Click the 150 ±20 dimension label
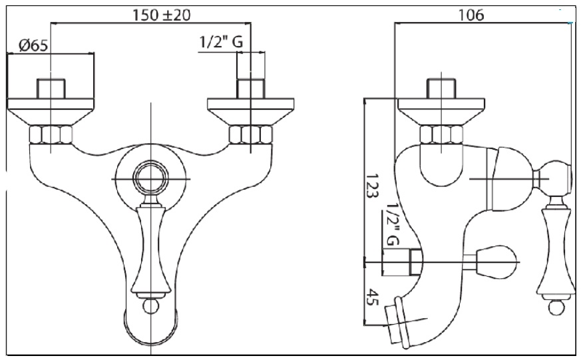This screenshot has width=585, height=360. pos(161,15)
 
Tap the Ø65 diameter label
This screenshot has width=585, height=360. pos(33,45)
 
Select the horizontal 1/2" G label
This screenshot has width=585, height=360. pos(221,42)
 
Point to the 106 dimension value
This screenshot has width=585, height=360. pos(471,15)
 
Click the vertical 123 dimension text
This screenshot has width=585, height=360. pos(372,186)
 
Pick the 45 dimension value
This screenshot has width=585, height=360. pos(372,297)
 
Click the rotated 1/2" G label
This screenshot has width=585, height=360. pos(392,224)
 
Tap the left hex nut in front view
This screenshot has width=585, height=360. pos(51,134)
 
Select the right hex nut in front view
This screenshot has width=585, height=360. pos(251,134)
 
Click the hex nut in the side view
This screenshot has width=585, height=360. pos(441,134)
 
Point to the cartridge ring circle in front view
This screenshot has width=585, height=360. pos(150,179)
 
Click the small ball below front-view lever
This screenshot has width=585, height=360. pos(150,306)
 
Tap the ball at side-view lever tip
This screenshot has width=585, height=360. pos(556,307)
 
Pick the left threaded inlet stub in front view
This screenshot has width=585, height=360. pos(51,89)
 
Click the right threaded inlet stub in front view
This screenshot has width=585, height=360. pos(251,89)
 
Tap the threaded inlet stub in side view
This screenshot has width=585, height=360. pos(441,89)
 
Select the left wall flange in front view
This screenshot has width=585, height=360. pos(51,112)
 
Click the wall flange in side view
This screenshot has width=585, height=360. pos(441,112)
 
